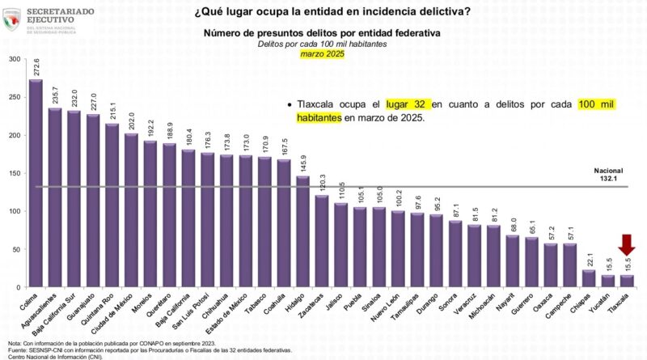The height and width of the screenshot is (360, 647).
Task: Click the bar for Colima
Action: (36, 183)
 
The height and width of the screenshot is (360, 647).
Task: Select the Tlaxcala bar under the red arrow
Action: (627, 281)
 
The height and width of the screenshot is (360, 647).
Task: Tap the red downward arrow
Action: (627, 245)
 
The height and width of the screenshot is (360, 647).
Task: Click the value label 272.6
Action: (36, 66)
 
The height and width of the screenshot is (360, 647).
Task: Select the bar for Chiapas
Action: (589, 278)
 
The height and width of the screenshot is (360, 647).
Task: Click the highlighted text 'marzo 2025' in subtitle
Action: (323, 53)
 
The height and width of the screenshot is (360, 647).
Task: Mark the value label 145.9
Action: (302, 163)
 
